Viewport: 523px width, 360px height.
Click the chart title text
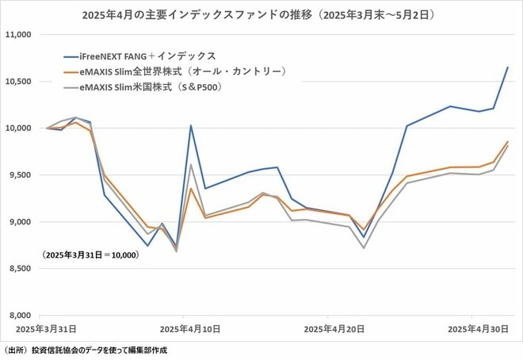point(261,14)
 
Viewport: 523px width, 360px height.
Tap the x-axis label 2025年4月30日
point(473,327)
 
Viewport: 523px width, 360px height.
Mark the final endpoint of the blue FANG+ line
point(508,67)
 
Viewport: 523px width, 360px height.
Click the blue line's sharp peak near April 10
point(191,125)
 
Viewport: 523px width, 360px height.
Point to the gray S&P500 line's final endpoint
point(508,145)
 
